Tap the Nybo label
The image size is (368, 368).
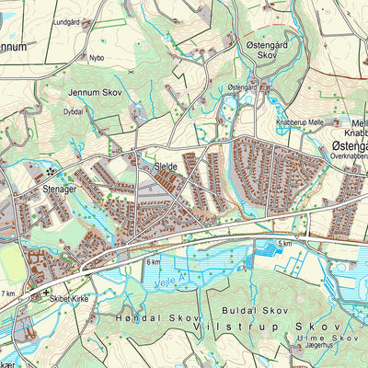click(x=97, y=55)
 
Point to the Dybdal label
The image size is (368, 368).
click(x=74, y=110)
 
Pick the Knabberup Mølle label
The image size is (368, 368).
click(x=301, y=121)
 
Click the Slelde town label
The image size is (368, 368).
click(x=166, y=166)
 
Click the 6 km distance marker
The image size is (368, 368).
click(x=153, y=262)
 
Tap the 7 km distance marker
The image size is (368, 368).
click(x=8, y=293)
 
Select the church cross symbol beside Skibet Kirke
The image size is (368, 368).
click(x=48, y=295)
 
